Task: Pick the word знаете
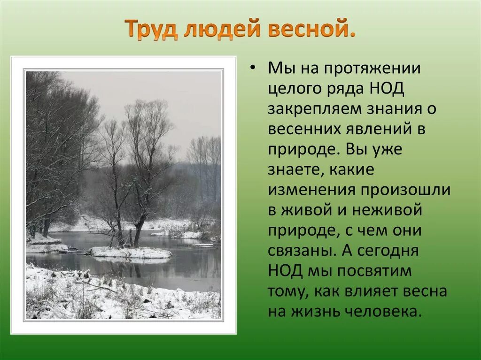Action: [x=294, y=170]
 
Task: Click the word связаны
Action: [x=301, y=251]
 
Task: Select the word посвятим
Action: [x=367, y=271]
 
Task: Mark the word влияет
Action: [x=370, y=291]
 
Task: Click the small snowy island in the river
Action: [x=130, y=253]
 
